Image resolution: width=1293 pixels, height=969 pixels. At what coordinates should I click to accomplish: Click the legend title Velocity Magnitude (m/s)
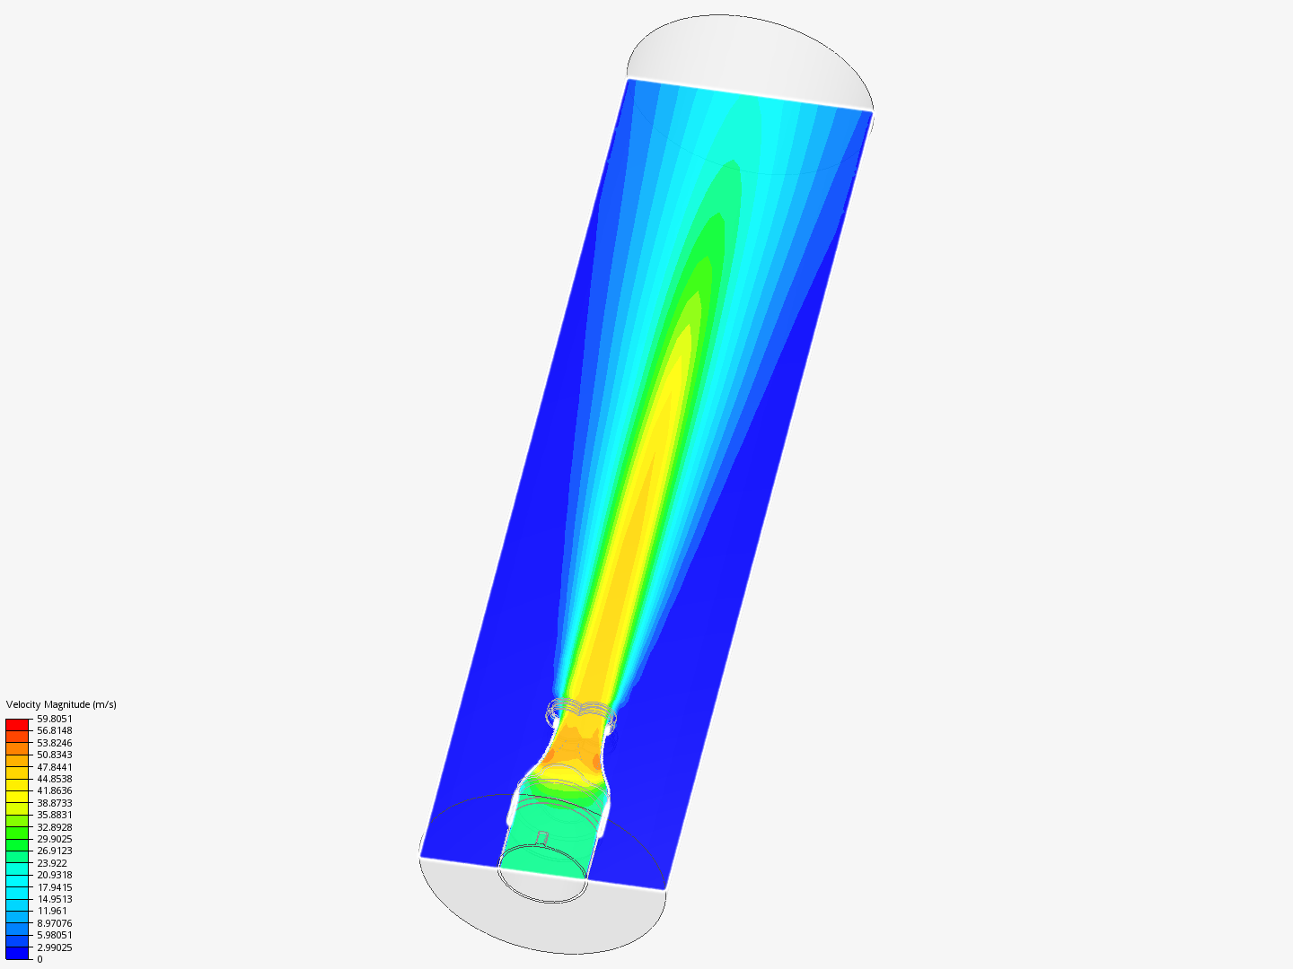[61, 704]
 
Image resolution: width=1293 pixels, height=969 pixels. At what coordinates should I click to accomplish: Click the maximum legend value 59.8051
[54, 719]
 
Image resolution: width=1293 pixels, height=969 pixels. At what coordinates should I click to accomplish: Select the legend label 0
[40, 959]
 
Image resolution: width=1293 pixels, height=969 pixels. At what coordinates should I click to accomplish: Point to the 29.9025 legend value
[54, 839]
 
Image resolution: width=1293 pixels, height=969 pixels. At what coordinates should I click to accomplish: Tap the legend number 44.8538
[54, 779]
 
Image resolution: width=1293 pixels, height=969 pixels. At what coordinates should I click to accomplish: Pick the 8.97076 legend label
[54, 923]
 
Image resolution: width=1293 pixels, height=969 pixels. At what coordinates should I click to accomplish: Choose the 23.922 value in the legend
[52, 863]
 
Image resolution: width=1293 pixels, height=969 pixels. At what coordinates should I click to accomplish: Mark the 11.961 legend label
[51, 911]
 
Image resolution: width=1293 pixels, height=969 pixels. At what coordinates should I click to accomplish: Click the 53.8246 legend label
[54, 743]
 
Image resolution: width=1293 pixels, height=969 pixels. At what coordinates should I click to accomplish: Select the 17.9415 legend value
[54, 887]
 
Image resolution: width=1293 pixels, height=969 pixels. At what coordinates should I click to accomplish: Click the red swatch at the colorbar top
[18, 724]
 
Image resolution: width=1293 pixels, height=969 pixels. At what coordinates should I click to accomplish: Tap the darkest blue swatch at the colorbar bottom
[18, 953]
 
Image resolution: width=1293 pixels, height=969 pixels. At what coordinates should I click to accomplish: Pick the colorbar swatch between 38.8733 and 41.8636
[18, 797]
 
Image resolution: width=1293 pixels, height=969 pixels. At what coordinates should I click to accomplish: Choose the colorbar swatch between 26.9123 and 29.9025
[18, 844]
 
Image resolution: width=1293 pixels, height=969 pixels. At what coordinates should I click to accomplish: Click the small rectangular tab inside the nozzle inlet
[542, 838]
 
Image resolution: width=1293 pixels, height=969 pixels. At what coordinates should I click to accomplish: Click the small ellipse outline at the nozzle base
[542, 884]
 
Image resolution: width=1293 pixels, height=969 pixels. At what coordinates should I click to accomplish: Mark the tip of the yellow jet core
[689, 327]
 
